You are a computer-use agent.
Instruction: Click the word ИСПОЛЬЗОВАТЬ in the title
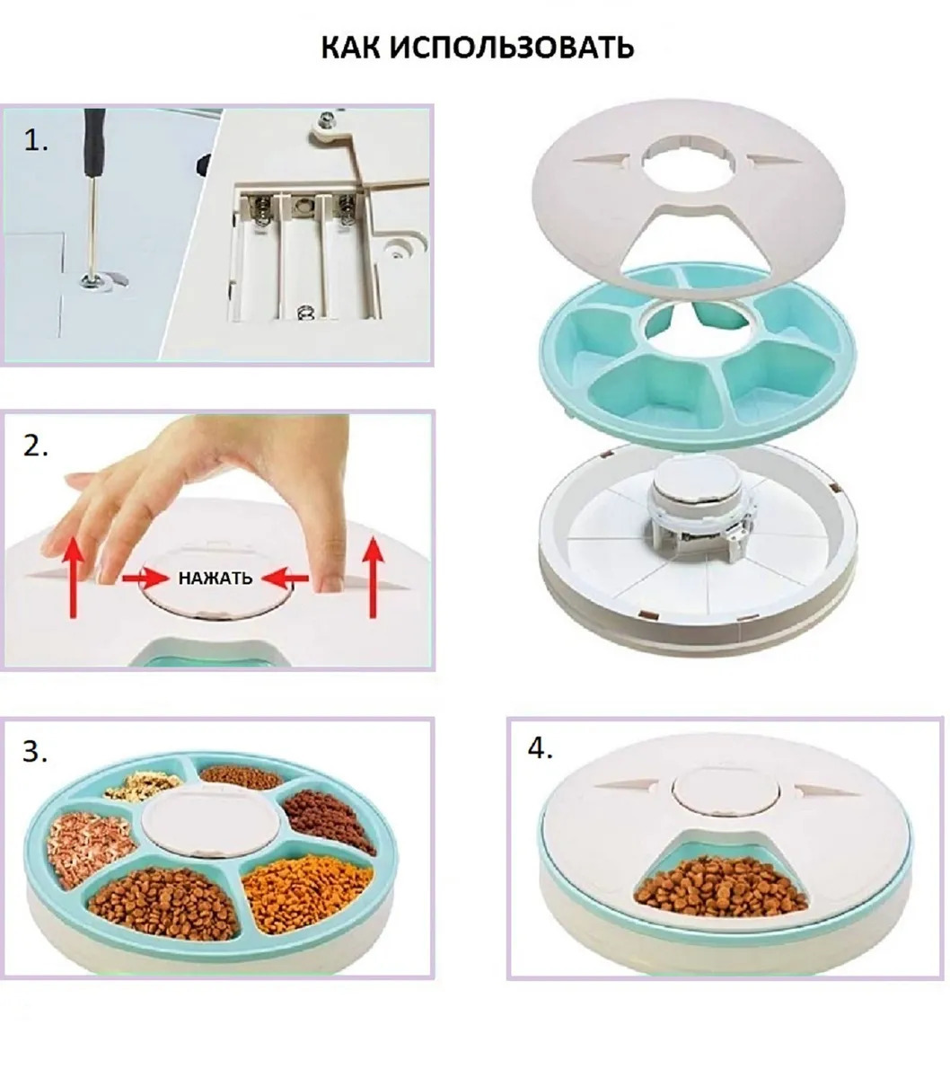(x=512, y=48)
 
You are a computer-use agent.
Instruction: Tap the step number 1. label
(x=36, y=141)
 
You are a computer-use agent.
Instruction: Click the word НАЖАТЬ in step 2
(x=216, y=578)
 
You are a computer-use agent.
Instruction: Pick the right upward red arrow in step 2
(x=374, y=578)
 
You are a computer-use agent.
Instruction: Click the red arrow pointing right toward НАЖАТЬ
(x=143, y=579)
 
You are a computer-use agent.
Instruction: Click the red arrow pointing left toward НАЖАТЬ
(x=288, y=578)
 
